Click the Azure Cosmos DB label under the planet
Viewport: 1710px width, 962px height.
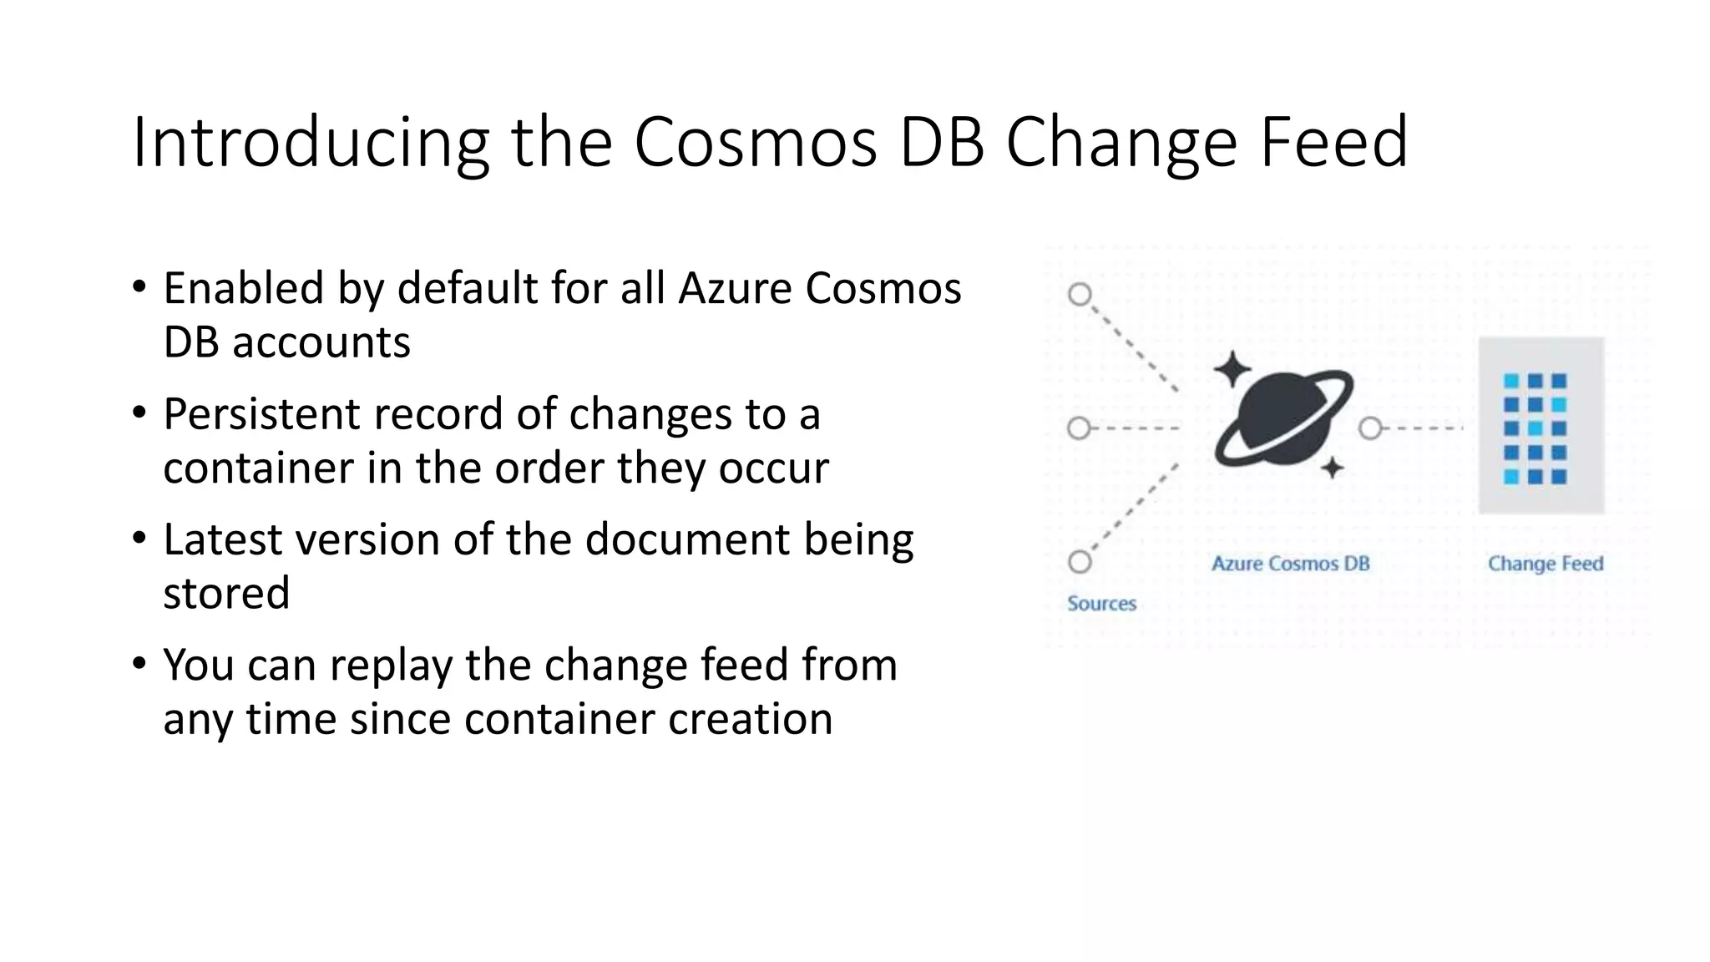point(1290,564)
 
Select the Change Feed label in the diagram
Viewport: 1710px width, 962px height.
point(1545,564)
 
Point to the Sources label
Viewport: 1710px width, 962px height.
point(1101,604)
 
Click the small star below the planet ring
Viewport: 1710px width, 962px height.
point(1333,468)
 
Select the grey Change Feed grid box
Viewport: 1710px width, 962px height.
point(1541,426)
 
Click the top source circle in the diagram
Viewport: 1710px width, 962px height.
point(1080,295)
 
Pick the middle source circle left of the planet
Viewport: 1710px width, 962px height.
point(1079,428)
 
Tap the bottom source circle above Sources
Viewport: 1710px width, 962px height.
point(1080,562)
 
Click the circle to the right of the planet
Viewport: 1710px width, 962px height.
point(1369,428)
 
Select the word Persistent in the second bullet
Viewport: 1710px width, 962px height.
point(261,414)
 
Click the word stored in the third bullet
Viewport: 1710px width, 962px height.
point(226,593)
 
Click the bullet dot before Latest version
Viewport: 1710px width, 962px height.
point(139,538)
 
